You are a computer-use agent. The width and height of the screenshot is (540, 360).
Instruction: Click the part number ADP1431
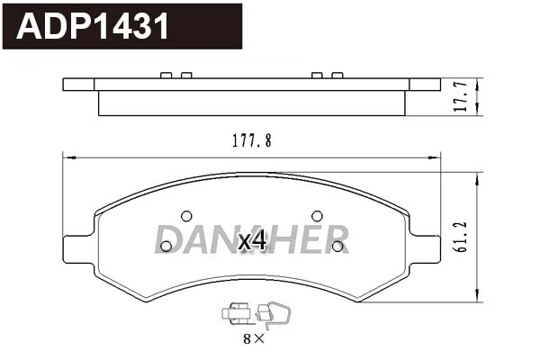pos(94,26)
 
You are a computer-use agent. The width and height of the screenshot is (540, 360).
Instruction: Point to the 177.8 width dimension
pos(252,140)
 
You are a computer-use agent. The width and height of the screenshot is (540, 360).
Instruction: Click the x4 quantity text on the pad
pos(252,240)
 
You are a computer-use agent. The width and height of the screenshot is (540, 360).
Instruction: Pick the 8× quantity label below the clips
pos(254,339)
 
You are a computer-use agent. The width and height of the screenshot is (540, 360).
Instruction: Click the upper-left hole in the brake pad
pos(186,216)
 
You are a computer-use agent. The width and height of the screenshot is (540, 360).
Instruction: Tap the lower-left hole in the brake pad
pos(166,246)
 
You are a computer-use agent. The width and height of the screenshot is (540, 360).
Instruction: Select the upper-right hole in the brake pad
pos(317,216)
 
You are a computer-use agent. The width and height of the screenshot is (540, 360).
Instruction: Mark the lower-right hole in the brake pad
pos(337,246)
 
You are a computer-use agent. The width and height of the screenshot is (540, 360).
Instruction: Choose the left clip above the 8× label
pos(236,314)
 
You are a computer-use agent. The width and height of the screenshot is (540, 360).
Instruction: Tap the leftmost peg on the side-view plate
pos(166,76)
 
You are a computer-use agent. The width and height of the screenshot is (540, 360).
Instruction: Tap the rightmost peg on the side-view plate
pos(337,76)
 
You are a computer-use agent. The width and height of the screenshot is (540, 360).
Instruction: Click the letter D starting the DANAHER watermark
pos(166,238)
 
